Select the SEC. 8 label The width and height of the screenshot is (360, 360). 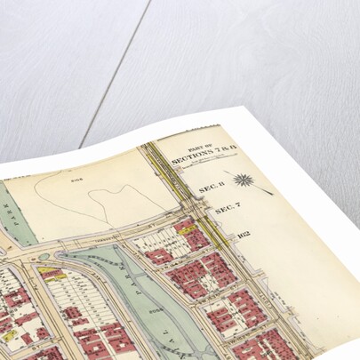click(x=209, y=188)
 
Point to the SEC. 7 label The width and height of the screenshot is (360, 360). click(x=226, y=212)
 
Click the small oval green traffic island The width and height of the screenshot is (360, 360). click(x=44, y=258)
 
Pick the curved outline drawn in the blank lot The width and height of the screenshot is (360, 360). click(x=107, y=200)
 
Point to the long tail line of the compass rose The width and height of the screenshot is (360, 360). click(x=260, y=188)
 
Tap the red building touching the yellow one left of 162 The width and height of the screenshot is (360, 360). click(x=195, y=238)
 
